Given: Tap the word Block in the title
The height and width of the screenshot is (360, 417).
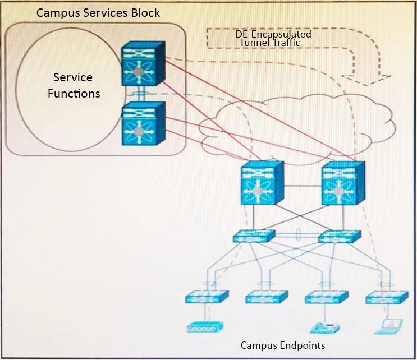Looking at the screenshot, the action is coord(145,13).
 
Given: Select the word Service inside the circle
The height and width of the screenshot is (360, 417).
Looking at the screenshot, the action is coord(73,77).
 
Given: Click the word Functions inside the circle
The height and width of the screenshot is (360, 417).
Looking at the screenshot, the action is coord(74,94).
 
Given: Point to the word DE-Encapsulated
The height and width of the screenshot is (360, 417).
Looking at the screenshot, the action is coord(273,34).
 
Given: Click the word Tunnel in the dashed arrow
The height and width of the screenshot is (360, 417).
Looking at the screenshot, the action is coord(252,43).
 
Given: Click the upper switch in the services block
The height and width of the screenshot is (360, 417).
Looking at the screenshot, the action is coord(143,63).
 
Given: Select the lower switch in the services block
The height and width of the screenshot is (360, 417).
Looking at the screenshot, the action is coord(143,123).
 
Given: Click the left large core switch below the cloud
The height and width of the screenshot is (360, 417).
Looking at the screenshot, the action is coord(262,183).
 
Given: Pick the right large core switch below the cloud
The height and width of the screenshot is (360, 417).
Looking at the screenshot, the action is coord(343,183).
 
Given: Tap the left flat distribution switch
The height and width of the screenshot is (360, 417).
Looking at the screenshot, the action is coord(254,236).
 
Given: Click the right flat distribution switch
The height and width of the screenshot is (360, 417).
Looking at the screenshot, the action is coord(340,237).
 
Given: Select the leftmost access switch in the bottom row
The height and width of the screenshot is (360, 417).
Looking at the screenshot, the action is coord(207,297).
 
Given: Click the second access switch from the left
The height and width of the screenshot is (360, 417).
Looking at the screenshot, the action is coord(267,297).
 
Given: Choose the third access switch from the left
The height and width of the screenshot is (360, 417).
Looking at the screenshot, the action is coord(327,297).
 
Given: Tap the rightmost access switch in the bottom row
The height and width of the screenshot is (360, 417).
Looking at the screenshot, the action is coord(387,298).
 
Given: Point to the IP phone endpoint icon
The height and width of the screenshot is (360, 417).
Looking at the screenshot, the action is coord(325,328).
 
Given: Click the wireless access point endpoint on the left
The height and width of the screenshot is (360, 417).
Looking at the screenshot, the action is coord(205,327).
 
